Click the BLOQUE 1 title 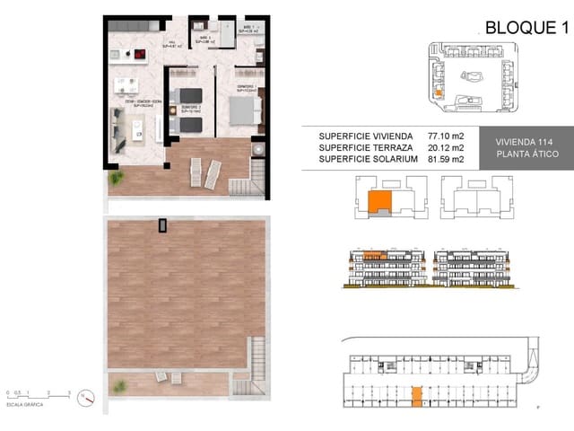point(527,27)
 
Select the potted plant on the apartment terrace point(115,179)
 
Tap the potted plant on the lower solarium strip point(117,384)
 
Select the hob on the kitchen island point(142,55)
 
